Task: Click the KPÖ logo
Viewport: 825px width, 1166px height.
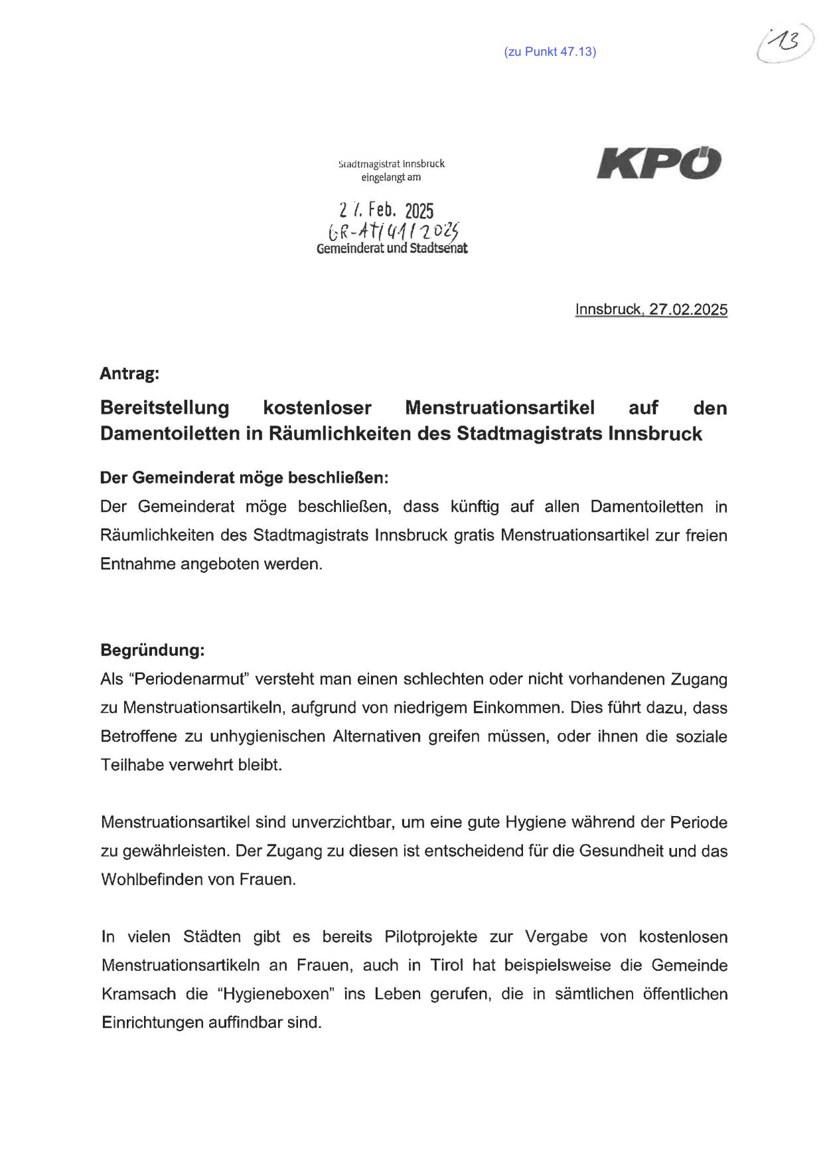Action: (659, 163)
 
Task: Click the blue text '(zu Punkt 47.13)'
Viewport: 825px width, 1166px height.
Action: (550, 52)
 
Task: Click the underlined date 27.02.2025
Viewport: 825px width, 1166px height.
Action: (688, 309)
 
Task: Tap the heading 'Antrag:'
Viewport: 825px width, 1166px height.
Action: (129, 374)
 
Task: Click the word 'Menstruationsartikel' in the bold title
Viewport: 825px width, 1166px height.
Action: (500, 407)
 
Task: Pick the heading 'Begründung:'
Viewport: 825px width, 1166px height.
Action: (152, 650)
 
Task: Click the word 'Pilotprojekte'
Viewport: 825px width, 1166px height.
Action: (430, 937)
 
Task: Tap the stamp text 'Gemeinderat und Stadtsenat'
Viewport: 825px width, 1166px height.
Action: (392, 250)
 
